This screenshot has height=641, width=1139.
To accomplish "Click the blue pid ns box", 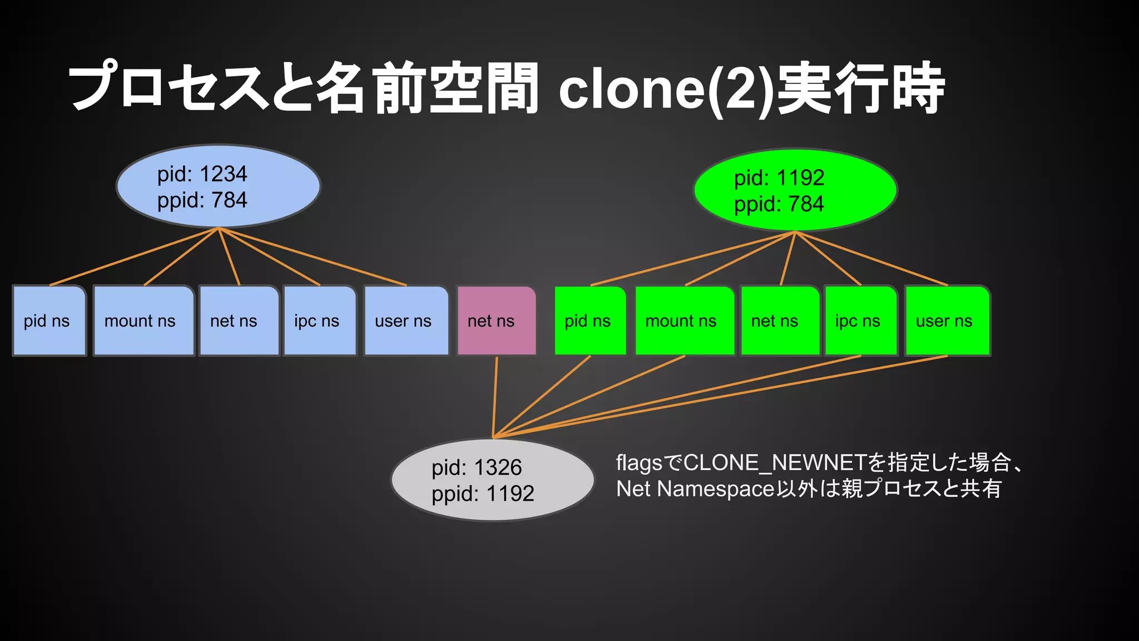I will tap(49, 321).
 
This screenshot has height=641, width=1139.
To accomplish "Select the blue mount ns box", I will tap(143, 321).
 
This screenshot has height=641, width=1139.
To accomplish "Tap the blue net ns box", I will tap(239, 321).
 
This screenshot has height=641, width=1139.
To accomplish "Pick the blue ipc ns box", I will tap(319, 321).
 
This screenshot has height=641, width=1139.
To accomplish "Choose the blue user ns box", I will tap(406, 321).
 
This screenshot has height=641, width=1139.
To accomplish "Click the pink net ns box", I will tap(496, 321).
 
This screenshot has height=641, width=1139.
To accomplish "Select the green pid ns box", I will tap(590, 321).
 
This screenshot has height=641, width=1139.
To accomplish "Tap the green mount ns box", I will tap(684, 321).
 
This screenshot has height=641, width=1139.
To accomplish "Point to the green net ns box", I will tap(780, 321).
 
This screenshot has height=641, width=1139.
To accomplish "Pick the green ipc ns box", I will tap(860, 321).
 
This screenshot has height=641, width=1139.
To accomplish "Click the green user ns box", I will tap(947, 321).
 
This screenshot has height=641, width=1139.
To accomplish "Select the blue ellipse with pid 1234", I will tap(218, 186).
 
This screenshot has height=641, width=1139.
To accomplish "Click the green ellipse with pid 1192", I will tap(795, 190).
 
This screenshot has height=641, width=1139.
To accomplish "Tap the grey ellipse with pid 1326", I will tap(493, 480).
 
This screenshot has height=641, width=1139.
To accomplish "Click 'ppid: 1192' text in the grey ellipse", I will tap(483, 494).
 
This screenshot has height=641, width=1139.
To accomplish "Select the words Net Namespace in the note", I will tap(695, 489).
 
